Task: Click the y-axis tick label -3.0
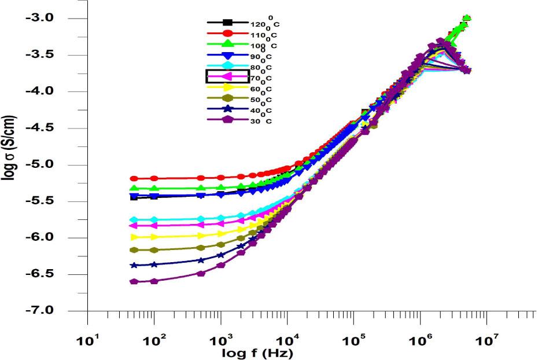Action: click(41, 18)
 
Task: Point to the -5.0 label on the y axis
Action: click(41, 164)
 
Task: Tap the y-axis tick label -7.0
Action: click(41, 311)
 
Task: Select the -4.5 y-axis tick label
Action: click(41, 128)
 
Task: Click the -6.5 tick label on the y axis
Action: click(41, 274)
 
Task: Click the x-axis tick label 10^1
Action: click(87, 340)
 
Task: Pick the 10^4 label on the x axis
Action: click(287, 340)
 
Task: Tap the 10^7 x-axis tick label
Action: click(486, 340)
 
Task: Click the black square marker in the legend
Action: click(227, 23)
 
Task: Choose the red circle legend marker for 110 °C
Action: click(227, 34)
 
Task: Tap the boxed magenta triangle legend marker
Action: click(227, 76)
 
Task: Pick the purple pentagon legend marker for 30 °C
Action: click(227, 120)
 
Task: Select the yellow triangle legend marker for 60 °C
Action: click(227, 87)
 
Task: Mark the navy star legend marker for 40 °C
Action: click(227, 109)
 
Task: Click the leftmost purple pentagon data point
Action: click(134, 281)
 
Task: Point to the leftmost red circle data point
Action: click(134, 178)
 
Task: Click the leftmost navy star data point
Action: click(134, 265)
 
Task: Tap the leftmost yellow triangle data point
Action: click(134, 237)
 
